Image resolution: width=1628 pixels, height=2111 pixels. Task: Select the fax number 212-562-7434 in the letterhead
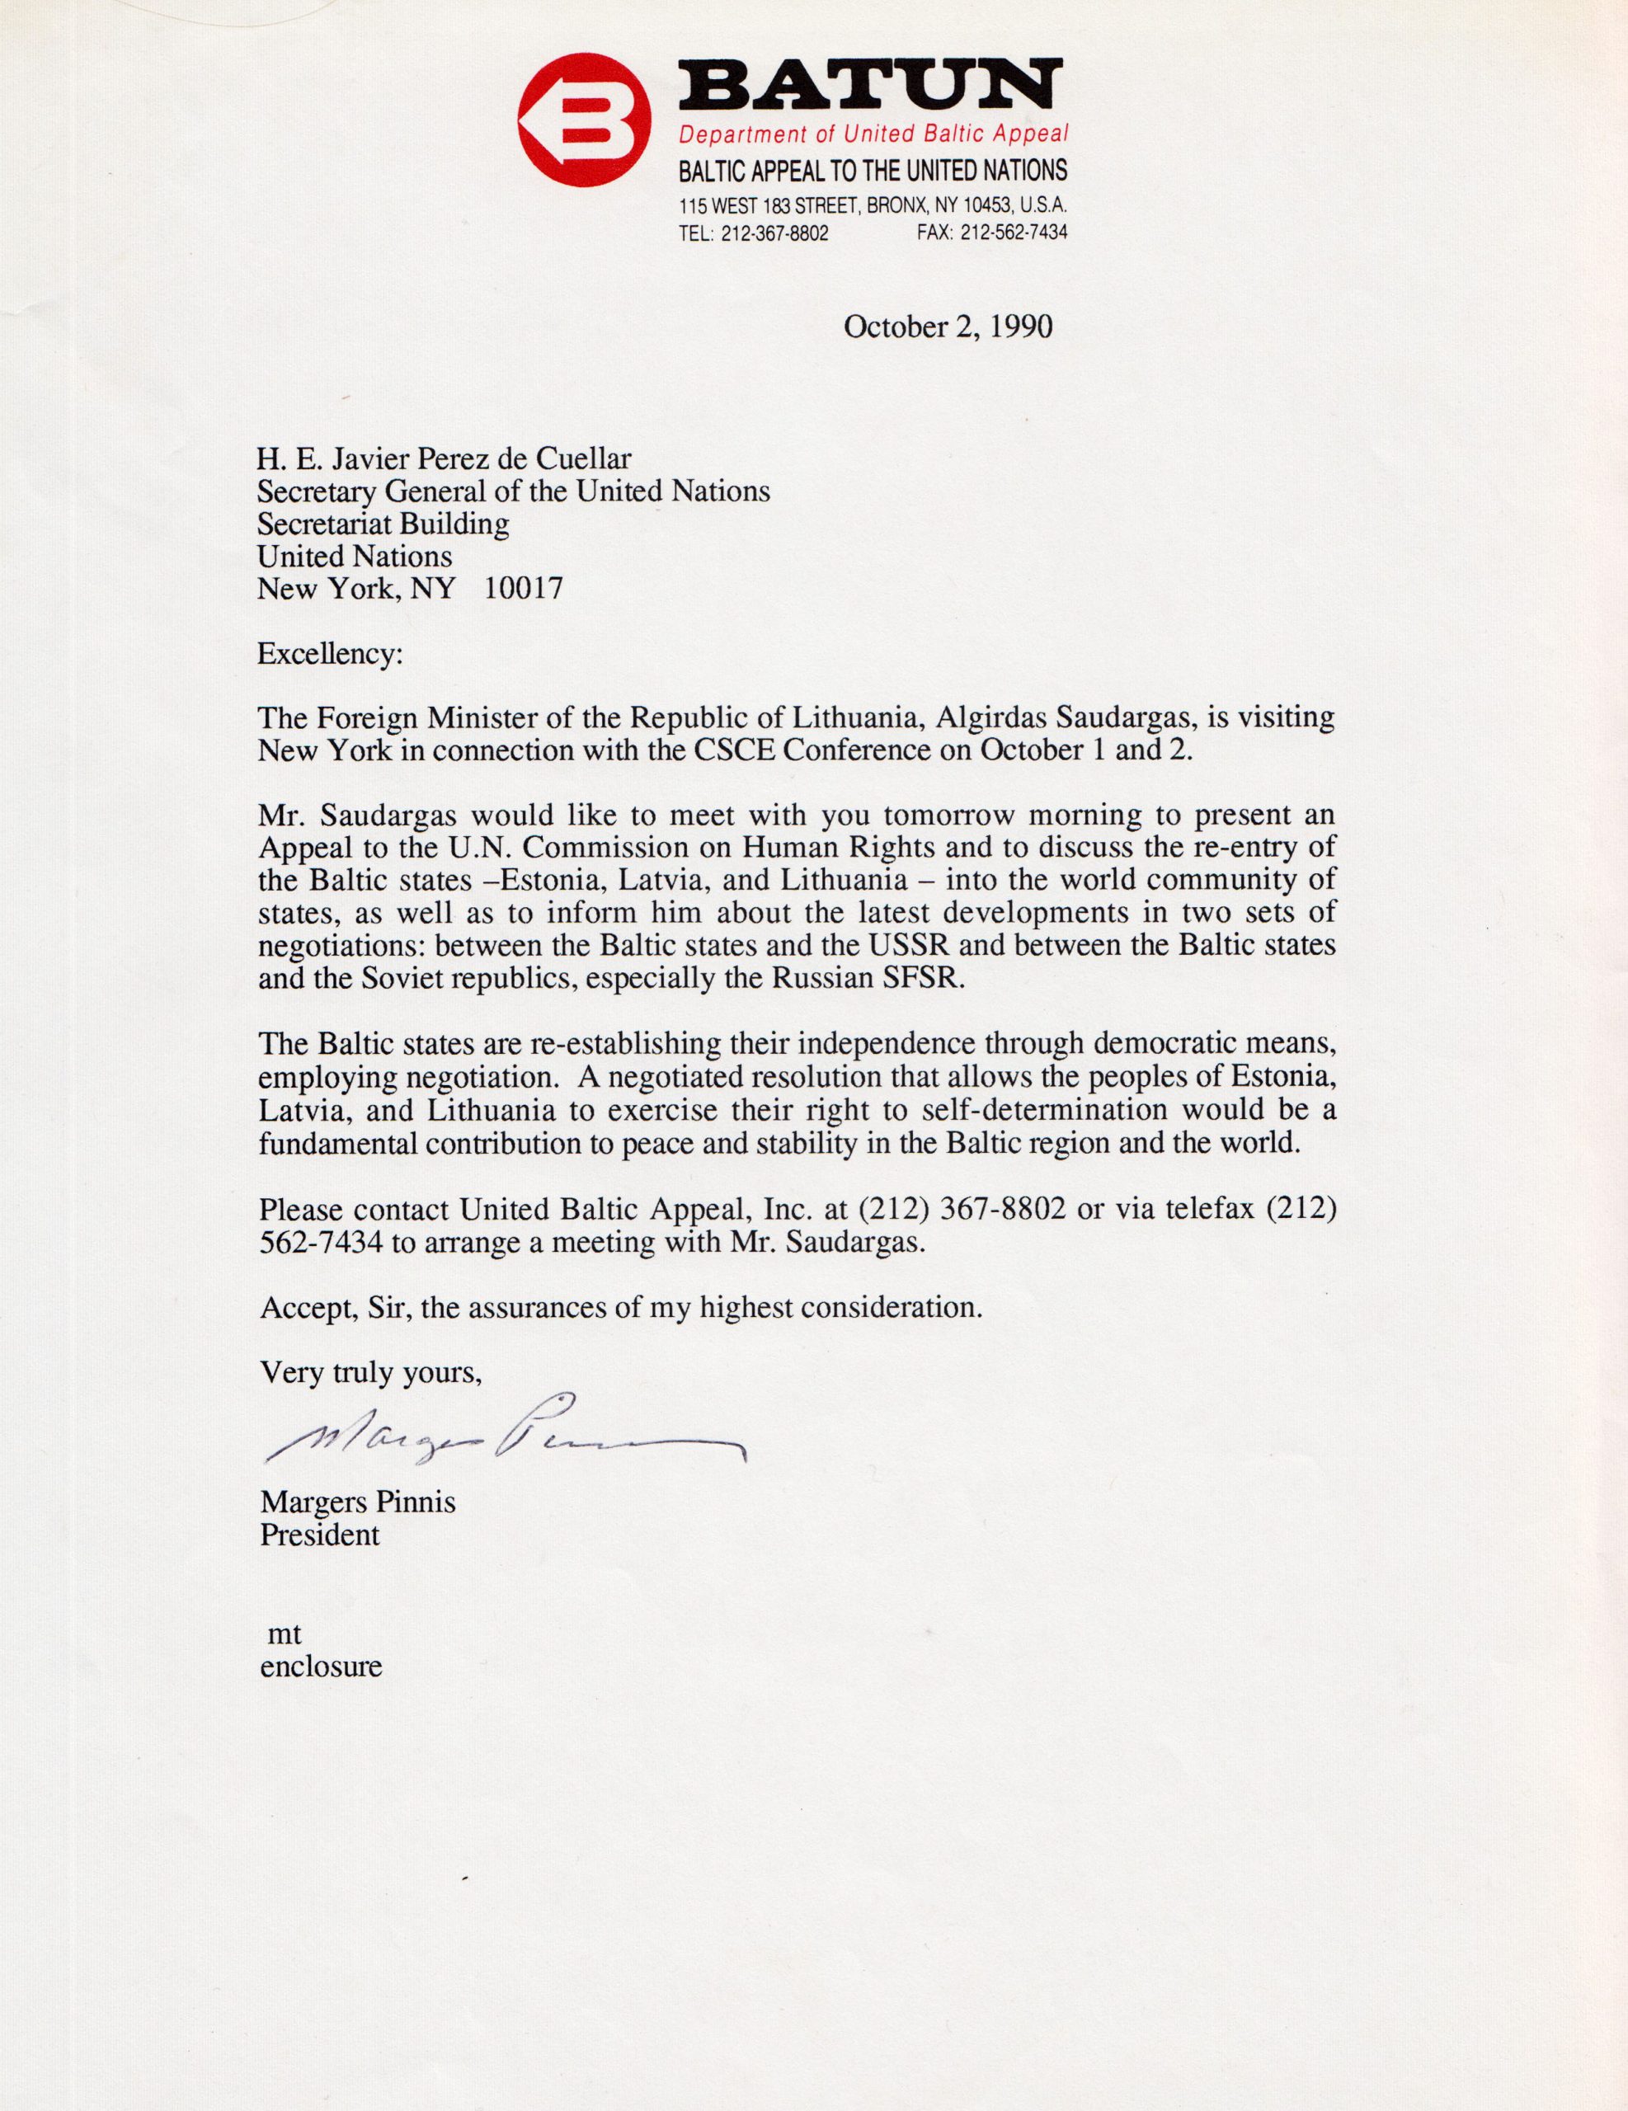point(1013,233)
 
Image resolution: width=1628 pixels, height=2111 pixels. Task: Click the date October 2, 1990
point(948,327)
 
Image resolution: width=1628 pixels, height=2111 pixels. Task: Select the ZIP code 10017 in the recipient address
point(523,589)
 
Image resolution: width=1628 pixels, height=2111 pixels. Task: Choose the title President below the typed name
point(320,1535)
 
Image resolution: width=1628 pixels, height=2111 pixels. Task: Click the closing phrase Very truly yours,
point(370,1372)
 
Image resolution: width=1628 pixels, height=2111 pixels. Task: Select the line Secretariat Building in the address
point(383,524)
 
